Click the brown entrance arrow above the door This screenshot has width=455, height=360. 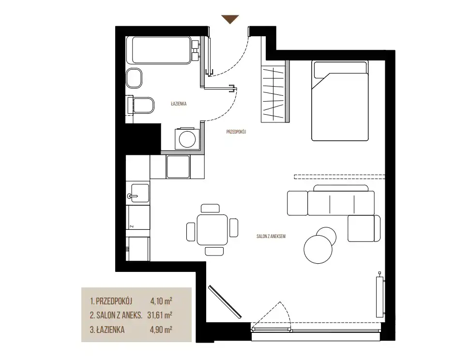point(230,18)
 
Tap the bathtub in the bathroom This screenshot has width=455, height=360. point(161,50)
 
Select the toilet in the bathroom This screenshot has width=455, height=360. point(141,105)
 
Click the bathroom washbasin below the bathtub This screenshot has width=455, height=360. point(134,78)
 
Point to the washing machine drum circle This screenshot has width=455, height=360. point(187,139)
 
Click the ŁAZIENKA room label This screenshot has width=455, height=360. point(179,104)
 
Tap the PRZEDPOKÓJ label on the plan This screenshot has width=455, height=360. point(236,132)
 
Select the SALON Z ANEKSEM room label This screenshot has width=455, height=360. point(271,237)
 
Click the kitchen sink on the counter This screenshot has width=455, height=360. point(138,193)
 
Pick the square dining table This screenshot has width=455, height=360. point(212,230)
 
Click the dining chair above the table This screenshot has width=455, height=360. point(211,208)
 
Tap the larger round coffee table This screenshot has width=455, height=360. point(318,249)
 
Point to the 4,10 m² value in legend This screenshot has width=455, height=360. point(161,301)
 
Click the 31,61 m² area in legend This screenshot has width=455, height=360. point(160,315)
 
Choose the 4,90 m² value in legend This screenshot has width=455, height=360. point(161,330)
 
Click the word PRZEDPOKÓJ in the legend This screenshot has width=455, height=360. point(114,301)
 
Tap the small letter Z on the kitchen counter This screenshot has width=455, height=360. point(132,226)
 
